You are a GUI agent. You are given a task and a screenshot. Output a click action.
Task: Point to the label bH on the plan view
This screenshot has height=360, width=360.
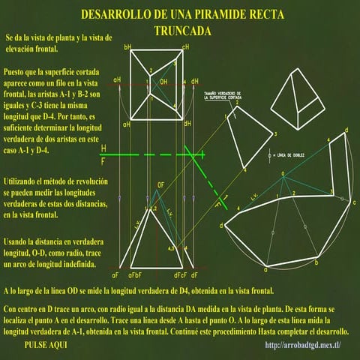click(x=127, y=48)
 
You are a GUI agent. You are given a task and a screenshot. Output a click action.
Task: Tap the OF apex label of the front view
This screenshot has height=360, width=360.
click(x=160, y=184)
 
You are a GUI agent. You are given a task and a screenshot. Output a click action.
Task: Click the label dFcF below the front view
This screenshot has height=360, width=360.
click(x=187, y=276)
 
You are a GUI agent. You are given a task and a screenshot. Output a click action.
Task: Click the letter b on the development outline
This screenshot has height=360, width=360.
click(x=316, y=263)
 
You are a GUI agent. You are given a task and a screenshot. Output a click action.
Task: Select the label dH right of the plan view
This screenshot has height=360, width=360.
click(x=195, y=81)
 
